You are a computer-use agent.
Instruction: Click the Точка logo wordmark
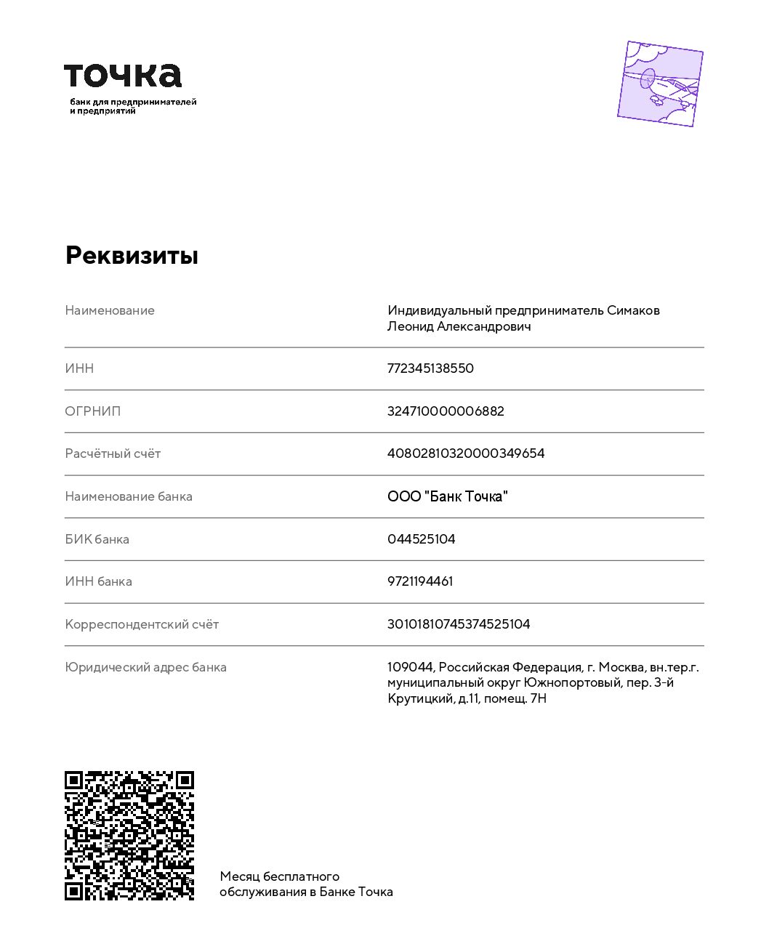123,76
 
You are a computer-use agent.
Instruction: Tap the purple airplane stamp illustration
660,84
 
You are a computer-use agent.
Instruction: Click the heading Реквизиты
132,255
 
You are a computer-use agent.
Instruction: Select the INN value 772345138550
430,368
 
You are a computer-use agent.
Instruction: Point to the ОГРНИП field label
93,411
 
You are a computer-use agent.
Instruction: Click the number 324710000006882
446,411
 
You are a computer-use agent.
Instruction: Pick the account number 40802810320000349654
466,453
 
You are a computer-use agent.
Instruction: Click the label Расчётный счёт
113,453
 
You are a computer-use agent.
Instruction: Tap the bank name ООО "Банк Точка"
447,496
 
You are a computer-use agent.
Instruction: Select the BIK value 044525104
421,539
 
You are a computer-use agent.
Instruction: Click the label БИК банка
97,539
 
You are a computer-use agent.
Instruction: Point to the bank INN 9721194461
420,581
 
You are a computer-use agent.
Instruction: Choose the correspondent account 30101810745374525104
459,624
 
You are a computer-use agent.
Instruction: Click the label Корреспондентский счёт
142,624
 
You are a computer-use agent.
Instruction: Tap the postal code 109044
410,667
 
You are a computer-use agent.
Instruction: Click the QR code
129,836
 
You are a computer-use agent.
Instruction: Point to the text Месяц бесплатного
280,876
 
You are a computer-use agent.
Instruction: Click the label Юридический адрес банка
145,667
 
